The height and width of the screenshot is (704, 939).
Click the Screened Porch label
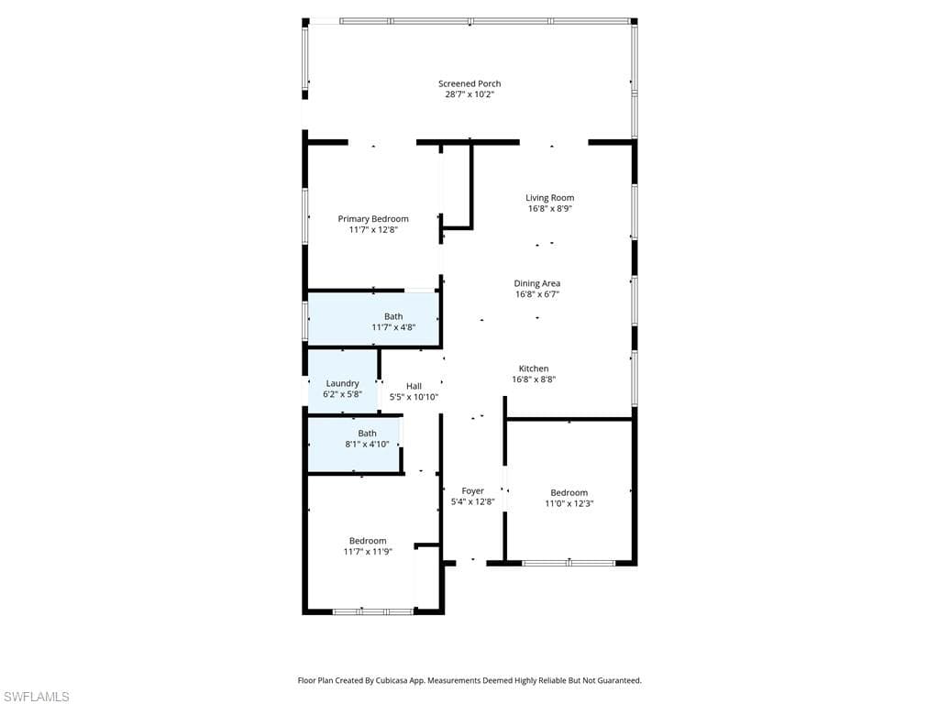pos(469,83)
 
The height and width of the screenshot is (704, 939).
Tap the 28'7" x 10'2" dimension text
pos(469,94)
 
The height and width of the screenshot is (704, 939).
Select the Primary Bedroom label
pos(373,219)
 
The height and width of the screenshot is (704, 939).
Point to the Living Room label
pos(549,198)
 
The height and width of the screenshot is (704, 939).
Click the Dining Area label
pos(536,284)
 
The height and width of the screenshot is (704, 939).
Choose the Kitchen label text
pos(534,368)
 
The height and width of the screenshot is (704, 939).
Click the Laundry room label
pos(342,383)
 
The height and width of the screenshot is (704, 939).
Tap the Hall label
pos(414,386)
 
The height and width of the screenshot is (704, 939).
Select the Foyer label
pos(472,491)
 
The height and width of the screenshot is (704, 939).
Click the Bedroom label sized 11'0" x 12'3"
pos(569,493)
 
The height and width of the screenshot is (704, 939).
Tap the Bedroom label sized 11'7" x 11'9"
pos(368,541)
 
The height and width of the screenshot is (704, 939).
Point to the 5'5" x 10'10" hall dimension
pos(414,397)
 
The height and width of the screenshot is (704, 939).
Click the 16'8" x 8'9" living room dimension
pos(549,209)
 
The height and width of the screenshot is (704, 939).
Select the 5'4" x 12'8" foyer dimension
pos(472,502)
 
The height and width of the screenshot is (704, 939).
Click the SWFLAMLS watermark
pos(36,697)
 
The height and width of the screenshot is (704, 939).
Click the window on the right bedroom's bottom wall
pos(569,563)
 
